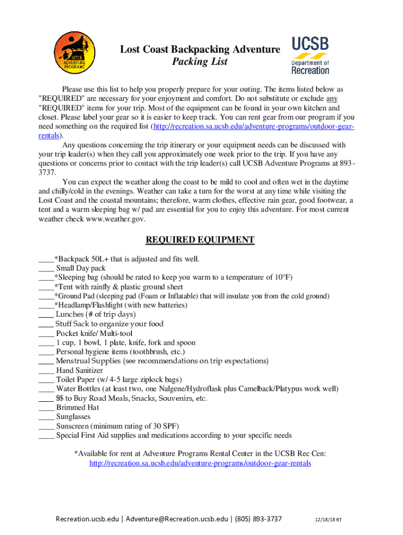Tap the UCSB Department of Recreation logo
310,55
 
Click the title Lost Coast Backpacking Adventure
200,50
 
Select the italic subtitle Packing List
200,62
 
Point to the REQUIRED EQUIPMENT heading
200,240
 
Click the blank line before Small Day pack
46,268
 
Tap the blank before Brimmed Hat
46,408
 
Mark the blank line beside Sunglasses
46,417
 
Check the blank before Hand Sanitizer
46,370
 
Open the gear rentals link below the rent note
200,463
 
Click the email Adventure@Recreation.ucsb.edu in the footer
177,519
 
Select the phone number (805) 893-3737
259,519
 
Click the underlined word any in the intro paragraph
332,98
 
